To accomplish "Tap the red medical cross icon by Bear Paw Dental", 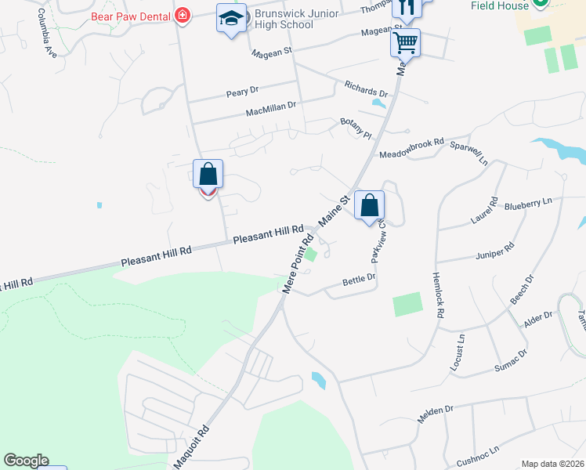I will coord(183,15).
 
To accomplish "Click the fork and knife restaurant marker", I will coord(406,8).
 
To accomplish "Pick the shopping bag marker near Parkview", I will coord(369,206).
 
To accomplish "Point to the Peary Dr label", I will coord(242,92).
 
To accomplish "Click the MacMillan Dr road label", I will coord(271,107).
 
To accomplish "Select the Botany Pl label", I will coord(355,126).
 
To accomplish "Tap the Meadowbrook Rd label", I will coord(411,149).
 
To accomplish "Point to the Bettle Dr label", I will coord(360,278).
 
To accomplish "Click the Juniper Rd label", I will coord(494,251).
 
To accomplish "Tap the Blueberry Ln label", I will coord(528,204).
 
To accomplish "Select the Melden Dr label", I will coord(436,414).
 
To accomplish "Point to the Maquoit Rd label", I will coord(192,449).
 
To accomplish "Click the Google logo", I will coord(27,461).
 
